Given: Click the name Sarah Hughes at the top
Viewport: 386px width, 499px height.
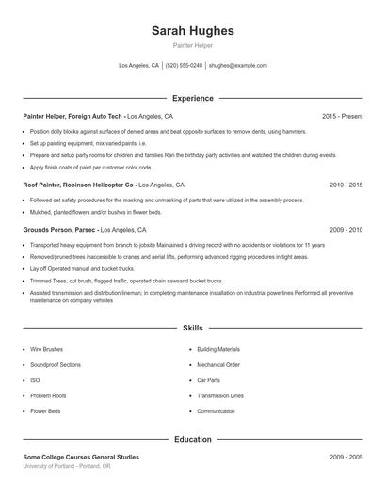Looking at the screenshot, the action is tap(193, 30).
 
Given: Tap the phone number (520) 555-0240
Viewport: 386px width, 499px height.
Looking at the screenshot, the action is tap(184, 66).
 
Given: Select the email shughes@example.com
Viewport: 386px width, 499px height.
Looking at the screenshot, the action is tap(237, 66).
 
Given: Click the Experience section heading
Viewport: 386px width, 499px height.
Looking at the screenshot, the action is tap(193, 98).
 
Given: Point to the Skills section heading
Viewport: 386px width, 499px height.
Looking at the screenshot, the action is tap(193, 328).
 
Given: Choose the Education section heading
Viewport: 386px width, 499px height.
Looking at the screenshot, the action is tap(193, 439).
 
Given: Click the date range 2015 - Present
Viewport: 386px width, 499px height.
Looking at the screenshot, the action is tap(342, 116).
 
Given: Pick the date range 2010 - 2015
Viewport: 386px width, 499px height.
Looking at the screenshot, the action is tap(346, 185).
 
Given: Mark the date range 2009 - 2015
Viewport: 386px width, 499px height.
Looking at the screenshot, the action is tap(346, 230).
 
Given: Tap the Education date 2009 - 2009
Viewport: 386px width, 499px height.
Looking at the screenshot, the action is tap(346, 457).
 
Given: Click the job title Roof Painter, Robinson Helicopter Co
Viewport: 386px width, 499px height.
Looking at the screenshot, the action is tap(79, 185).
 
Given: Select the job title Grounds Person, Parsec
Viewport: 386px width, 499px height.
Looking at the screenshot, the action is tap(59, 230).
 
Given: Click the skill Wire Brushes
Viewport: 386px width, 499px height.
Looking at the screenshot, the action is tap(47, 349).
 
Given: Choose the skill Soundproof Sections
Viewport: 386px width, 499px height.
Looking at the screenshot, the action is tap(56, 364).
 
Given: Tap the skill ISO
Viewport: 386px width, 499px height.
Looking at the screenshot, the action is tap(35, 380).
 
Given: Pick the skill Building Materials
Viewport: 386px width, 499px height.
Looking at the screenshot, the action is tap(218, 349).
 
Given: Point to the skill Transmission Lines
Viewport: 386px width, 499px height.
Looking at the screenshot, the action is tap(220, 395).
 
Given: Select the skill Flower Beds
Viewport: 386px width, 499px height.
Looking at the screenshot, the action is tap(46, 411).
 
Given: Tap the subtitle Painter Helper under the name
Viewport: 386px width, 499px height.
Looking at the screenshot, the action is tap(193, 45).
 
